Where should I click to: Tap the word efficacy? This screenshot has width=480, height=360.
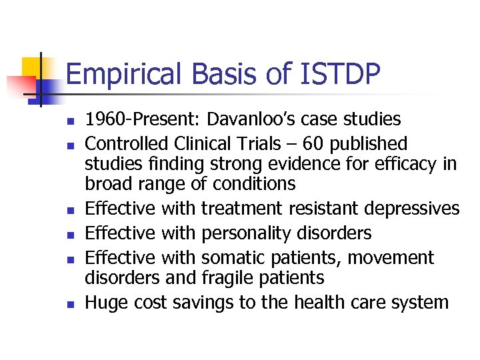click(401, 164)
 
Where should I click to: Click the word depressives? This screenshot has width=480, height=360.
click(411, 209)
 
